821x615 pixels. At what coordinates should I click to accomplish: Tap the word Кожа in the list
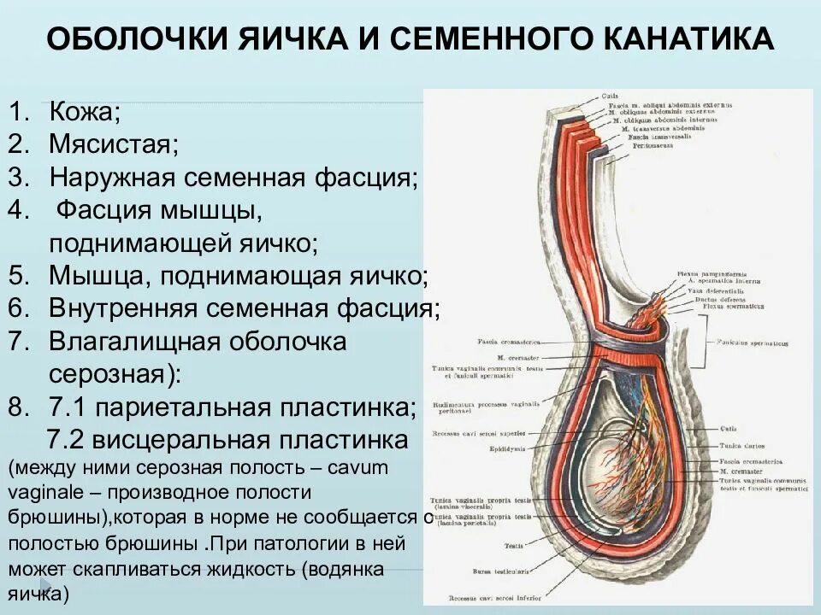pyautogui.click(x=83, y=111)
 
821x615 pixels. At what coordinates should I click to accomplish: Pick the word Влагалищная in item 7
pyautogui.click(x=137, y=342)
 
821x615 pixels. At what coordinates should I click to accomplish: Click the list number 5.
pyautogui.click(x=19, y=275)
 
